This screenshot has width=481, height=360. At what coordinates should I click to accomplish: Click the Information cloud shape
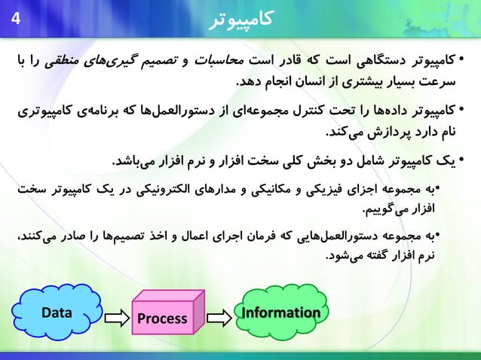[280, 313]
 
